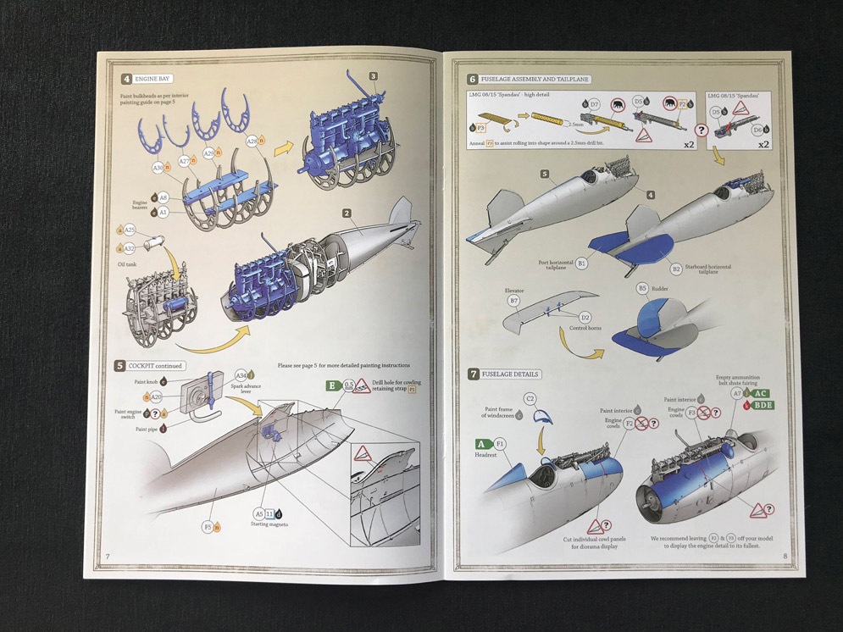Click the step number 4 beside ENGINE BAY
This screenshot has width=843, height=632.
126,79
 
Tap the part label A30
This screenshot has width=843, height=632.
158,168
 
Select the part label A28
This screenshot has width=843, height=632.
252,141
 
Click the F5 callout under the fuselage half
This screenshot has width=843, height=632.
208,526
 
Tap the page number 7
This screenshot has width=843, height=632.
108,557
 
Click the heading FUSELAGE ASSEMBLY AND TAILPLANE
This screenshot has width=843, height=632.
535,79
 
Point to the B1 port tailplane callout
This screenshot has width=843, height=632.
581,264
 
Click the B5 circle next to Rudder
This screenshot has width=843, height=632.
642,288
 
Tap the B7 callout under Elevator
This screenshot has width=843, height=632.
513,301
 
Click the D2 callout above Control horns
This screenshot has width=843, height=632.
585,318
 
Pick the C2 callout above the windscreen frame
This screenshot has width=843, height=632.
530,398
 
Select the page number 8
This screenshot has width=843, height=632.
785,557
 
